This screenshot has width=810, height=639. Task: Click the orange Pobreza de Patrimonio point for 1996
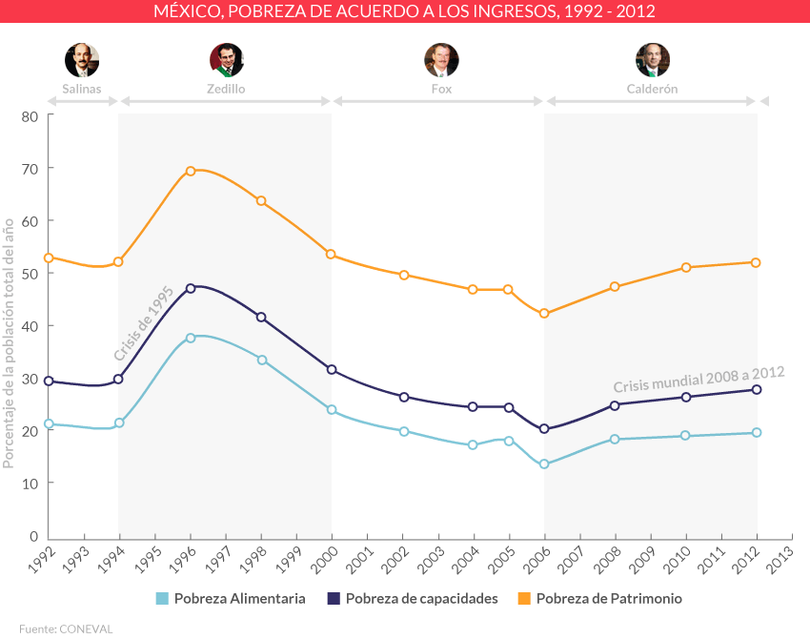(191, 171)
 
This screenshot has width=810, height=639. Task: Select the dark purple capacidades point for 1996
(191, 287)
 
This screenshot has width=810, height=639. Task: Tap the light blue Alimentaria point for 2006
(544, 464)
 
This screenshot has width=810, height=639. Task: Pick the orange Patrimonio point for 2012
(757, 262)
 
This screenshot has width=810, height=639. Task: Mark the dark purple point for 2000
(332, 369)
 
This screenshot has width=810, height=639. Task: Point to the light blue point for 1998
(261, 360)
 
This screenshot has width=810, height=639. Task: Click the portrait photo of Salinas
(82, 60)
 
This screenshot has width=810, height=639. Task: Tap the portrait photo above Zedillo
(226, 60)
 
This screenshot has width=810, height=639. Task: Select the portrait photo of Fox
(441, 60)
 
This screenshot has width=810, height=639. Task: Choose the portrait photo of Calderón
(653, 60)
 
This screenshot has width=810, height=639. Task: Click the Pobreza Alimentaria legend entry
(231, 599)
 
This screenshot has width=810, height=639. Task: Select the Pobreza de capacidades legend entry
(413, 599)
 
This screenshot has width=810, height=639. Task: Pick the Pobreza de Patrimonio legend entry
(599, 599)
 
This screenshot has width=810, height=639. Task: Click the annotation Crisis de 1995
(143, 320)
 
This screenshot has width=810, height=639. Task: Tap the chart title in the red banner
(405, 11)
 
